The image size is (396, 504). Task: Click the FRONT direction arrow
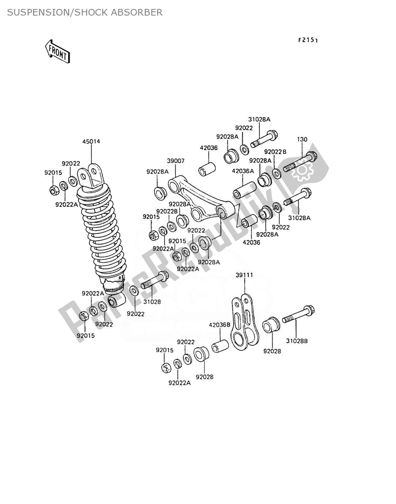pyautogui.click(x=57, y=51)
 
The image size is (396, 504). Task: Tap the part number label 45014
pyautogui.click(x=91, y=142)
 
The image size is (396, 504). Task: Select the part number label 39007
pyautogui.click(x=176, y=161)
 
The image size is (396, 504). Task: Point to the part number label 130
pyautogui.click(x=302, y=139)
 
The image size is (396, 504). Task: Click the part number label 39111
pyautogui.click(x=244, y=275)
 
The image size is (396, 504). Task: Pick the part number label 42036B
pyautogui.click(x=219, y=325)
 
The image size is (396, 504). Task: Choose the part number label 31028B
pyautogui.click(x=296, y=341)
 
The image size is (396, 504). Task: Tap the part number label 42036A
pyautogui.click(x=243, y=171)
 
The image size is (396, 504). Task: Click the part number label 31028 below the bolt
pyautogui.click(x=152, y=301)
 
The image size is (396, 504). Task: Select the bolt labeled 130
pyautogui.click(x=299, y=163)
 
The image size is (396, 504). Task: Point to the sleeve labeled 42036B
pyautogui.click(x=220, y=346)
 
